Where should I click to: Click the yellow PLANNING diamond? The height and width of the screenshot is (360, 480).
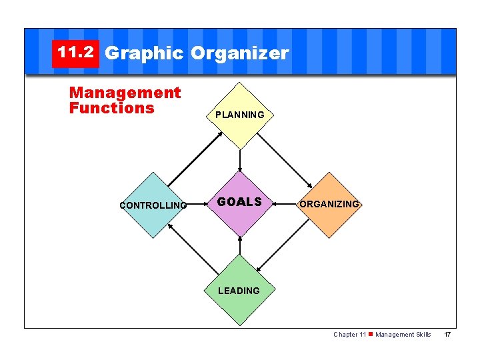click(239, 115)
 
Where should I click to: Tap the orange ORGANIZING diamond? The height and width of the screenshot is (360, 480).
click(329, 204)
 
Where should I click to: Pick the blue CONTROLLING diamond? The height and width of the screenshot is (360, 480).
click(153, 205)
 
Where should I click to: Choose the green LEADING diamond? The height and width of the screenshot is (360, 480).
click(239, 290)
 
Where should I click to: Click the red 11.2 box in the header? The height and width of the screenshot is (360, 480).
click(75, 53)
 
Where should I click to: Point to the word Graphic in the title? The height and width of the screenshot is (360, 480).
click(144, 53)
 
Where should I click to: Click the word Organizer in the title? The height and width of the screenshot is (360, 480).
click(239, 53)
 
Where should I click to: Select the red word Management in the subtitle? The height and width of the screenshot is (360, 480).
click(125, 93)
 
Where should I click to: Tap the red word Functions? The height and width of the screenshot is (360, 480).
click(111, 108)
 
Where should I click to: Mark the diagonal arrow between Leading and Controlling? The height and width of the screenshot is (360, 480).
click(194, 248)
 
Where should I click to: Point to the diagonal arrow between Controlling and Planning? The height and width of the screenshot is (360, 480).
click(195, 159)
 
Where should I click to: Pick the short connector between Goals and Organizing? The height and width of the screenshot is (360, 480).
click(283, 204)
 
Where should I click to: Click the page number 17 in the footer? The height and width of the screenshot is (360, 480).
click(448, 335)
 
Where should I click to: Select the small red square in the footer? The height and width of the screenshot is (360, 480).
click(371, 334)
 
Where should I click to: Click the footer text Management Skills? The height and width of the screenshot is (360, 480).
click(403, 335)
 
